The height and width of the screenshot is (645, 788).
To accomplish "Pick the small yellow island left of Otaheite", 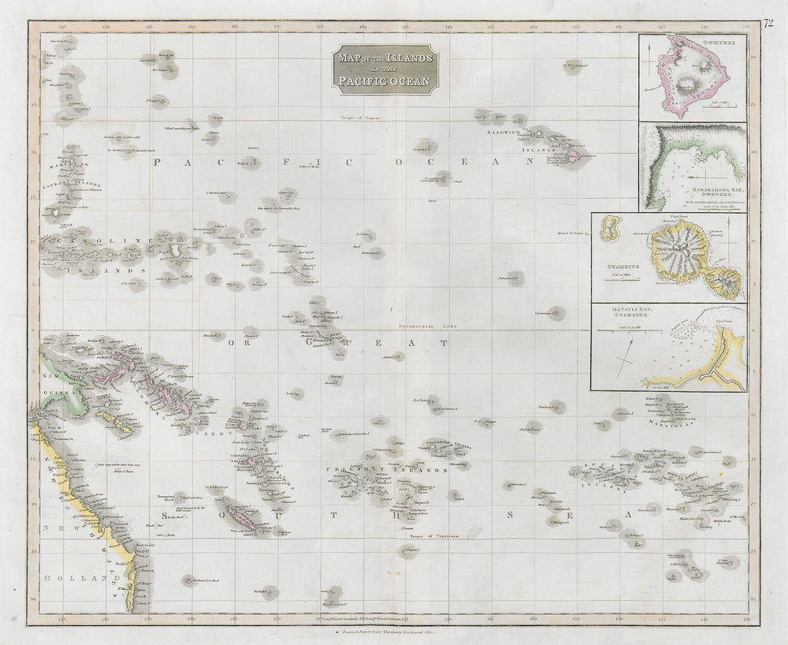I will [608, 229].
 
